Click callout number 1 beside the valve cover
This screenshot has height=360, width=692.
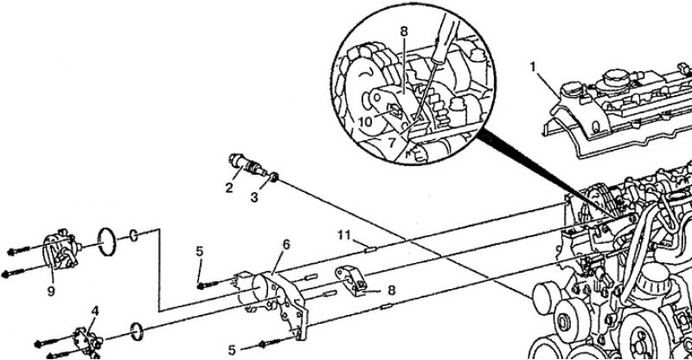pos(534,67)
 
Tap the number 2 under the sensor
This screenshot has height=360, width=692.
pos(228,188)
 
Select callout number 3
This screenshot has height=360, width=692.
pos(254,197)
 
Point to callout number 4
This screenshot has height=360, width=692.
pos(95,311)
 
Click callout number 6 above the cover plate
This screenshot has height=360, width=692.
pos(286,245)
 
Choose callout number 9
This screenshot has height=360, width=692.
pos(51,292)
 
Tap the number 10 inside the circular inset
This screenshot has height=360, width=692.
pos(366,121)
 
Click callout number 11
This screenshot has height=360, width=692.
pos(343,235)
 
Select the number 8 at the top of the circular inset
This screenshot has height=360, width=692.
pos(404,32)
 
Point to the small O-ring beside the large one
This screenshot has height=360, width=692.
pos(134,235)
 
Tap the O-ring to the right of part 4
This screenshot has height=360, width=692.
pos(137,331)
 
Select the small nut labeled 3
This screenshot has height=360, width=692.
pos(273,177)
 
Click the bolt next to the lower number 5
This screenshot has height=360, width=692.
pos(271,343)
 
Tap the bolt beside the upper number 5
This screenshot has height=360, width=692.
pos(208,285)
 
